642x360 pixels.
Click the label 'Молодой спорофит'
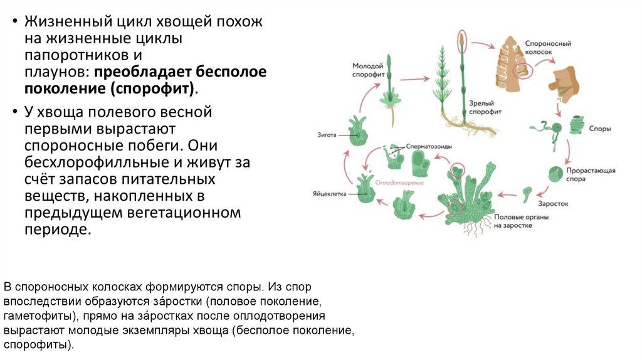click(367, 70)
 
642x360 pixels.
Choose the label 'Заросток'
click(552, 203)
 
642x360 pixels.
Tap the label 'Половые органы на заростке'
click(513, 221)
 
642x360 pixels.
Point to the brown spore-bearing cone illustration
click(512, 60)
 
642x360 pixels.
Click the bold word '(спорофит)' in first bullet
click(153, 88)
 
